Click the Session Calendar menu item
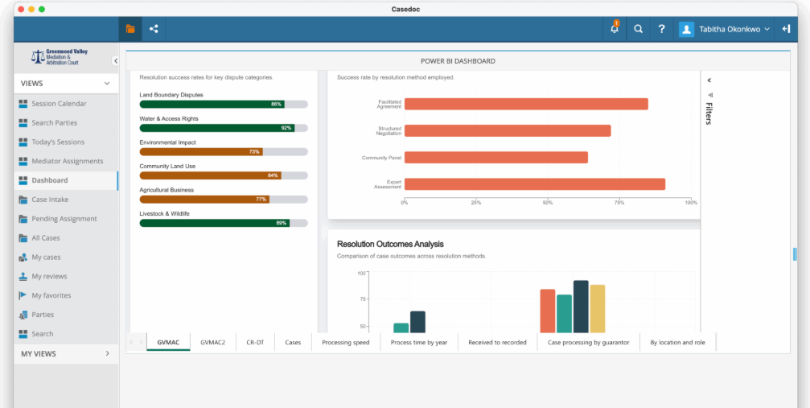tap(59, 104)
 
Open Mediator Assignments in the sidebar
tap(67, 161)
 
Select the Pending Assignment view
tap(64, 219)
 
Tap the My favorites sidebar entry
tap(51, 295)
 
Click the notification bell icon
tap(615, 29)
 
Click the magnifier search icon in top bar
tap(638, 29)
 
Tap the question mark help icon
tap(661, 29)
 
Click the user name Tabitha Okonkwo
tap(730, 29)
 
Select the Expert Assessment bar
tap(534, 184)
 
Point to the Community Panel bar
tap(495, 157)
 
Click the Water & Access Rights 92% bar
tap(217, 128)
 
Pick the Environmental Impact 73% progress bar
tap(201, 151)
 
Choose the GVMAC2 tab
tap(212, 342)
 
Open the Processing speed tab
tap(345, 342)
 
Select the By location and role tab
tap(676, 342)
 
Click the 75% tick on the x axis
tap(619, 203)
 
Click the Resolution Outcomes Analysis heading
tap(390, 244)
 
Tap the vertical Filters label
tap(709, 113)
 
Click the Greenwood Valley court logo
tap(60, 57)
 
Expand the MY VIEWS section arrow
tap(107, 353)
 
